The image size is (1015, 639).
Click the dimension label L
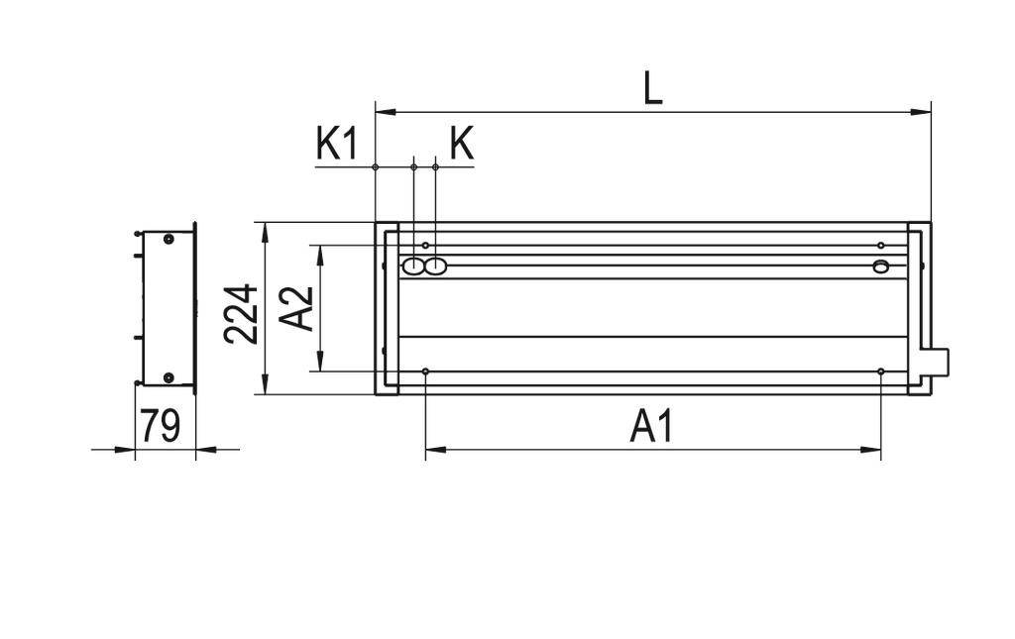click(x=651, y=88)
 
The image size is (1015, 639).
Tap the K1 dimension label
click(x=336, y=144)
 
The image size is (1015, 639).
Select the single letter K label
click(x=461, y=144)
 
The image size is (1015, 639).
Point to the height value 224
click(x=242, y=313)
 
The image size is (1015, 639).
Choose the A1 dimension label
click(x=651, y=427)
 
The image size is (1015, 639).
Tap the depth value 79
click(x=160, y=426)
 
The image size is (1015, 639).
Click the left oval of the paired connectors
click(x=411, y=266)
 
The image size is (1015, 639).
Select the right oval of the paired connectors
click(x=435, y=266)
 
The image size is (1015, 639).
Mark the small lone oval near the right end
click(x=880, y=266)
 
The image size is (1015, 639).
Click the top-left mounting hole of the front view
click(x=425, y=245)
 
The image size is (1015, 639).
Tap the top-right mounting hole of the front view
click(x=880, y=245)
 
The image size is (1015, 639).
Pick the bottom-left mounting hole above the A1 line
click(x=425, y=372)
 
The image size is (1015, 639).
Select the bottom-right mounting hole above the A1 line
click(x=880, y=372)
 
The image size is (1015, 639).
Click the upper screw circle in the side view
click(x=169, y=239)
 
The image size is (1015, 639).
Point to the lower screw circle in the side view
click(x=169, y=377)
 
